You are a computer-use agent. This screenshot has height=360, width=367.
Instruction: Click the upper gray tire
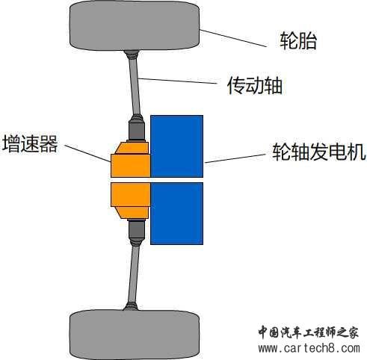point(135,25)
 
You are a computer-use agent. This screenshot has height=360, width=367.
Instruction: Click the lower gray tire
point(135,335)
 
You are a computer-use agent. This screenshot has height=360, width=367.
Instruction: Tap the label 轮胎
point(298,41)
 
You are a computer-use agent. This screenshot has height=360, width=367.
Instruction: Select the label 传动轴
point(255,86)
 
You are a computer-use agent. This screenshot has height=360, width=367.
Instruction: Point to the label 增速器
point(30,143)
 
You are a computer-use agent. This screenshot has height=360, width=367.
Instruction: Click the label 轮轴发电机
point(319,152)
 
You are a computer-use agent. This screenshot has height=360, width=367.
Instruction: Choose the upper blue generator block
point(176,146)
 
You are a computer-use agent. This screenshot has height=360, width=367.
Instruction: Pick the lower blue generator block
point(176,214)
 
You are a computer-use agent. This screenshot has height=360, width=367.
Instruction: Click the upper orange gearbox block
point(130,160)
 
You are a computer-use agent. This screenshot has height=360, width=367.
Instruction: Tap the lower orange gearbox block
point(130,201)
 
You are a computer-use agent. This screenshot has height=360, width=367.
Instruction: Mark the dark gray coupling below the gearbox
point(137,229)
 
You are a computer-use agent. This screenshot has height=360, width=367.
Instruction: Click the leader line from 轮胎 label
point(233,38)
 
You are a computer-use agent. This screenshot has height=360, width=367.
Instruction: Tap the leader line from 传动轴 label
point(177,81)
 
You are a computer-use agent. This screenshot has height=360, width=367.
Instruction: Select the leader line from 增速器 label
point(87,153)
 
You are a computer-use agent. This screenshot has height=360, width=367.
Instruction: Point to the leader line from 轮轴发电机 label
point(235,158)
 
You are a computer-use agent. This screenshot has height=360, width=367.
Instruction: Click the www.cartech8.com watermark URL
point(309,348)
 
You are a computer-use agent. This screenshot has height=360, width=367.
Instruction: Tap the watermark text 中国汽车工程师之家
point(309,332)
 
